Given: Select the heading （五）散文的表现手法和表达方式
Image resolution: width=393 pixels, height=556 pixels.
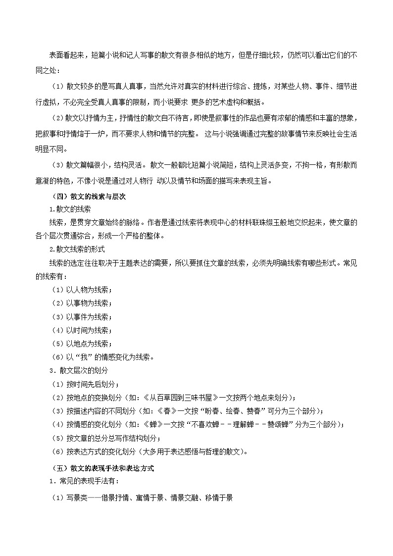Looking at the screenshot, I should coord(103,468).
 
